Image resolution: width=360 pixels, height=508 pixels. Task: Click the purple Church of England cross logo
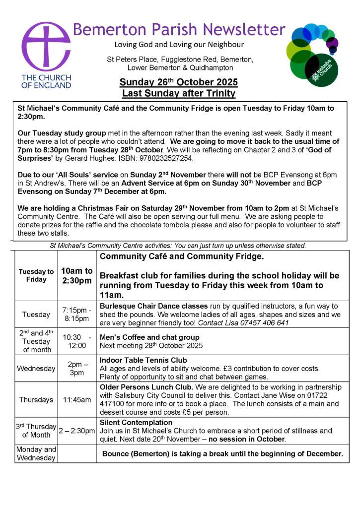click(x=46, y=47)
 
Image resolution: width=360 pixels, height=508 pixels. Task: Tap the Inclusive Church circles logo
click(x=313, y=55)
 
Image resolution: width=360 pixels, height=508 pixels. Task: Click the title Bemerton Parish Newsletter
click(x=179, y=30)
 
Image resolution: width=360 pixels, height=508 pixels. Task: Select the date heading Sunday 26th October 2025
click(x=179, y=82)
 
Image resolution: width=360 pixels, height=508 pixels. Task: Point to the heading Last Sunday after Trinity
click(x=179, y=93)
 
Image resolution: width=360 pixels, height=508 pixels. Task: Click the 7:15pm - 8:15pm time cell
click(x=76, y=314)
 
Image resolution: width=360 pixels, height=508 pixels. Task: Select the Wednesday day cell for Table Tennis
click(x=36, y=369)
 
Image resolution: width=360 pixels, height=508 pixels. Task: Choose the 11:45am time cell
click(x=76, y=399)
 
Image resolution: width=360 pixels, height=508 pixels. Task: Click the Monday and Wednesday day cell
click(x=36, y=453)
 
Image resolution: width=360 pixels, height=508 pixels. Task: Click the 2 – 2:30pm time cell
click(x=76, y=431)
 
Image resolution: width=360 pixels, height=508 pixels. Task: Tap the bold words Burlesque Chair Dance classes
click(x=153, y=306)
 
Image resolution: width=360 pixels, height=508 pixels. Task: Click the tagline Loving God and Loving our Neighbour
click(x=179, y=45)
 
